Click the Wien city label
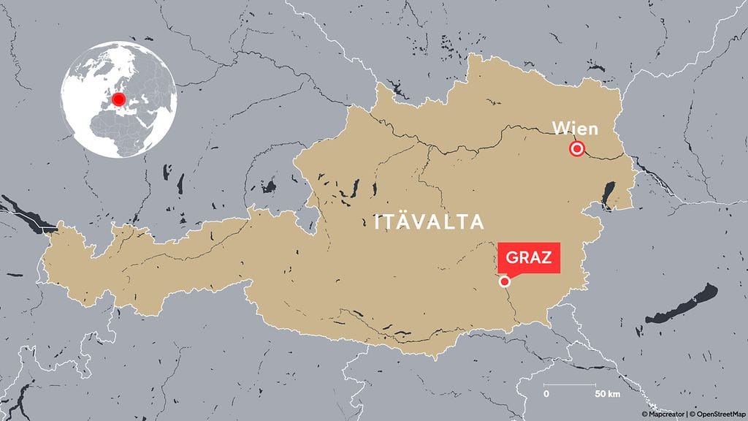pos(575,129)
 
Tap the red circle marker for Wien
pos(577,150)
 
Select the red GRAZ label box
pos(529,257)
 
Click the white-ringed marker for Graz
pos(504,281)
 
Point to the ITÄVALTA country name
pos(429,221)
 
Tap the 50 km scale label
pos(607,395)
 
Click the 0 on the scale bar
pos(546,395)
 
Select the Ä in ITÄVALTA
pos(404,221)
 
